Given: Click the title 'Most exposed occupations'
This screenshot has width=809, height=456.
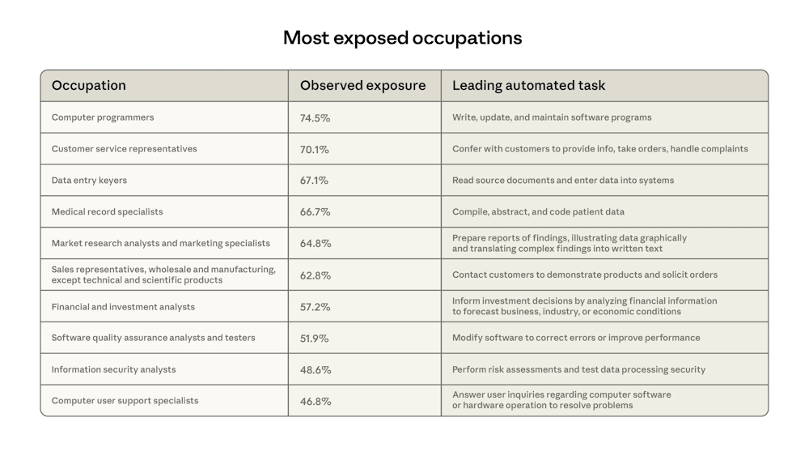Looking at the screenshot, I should pos(402,38).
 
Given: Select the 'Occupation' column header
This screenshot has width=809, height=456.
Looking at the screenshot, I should pos(89,86).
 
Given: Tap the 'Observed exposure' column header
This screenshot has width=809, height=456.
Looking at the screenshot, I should pos(362,86).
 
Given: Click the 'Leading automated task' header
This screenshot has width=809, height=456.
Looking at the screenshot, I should pos(528,86).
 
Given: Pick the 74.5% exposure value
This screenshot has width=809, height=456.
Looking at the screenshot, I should pos(315,118).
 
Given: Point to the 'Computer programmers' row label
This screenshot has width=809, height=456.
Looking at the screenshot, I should pos(103,117).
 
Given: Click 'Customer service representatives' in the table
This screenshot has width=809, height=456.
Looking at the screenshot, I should pos(124,149).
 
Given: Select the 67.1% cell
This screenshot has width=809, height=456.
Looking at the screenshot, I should pos(315,181).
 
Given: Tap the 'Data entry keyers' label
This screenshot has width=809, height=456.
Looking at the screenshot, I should pos(89,181).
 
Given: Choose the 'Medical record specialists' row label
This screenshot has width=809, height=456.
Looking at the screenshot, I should pos(107,212).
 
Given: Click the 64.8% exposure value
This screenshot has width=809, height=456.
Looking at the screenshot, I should pos(315,244).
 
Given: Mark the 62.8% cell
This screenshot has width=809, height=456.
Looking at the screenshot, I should pos(315,275).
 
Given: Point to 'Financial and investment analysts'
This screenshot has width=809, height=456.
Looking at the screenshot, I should pos(123,307).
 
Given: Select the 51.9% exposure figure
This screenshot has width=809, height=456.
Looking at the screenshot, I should pos(315,339).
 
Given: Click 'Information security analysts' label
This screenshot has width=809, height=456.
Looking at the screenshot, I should pos(113,370).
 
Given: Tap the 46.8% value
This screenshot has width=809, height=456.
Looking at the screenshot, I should pos(315,402).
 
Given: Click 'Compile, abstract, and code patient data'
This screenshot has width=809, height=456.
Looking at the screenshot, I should pos(538,212).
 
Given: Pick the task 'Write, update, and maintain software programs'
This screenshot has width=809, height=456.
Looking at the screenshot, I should pos(552,117).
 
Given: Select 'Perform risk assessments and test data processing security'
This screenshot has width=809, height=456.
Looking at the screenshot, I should pos(578,370).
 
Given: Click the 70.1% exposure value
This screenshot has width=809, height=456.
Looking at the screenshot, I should pos(315,150).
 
